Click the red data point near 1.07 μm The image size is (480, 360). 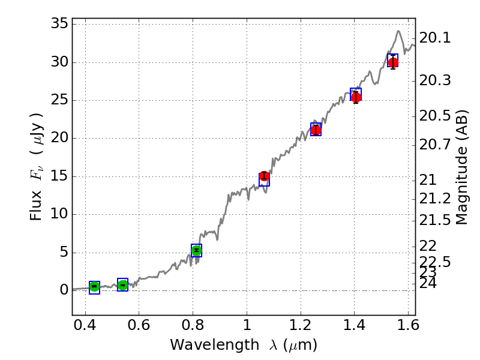(264, 176)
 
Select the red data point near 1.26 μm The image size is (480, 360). (316, 130)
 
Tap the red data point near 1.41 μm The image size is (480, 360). (356, 97)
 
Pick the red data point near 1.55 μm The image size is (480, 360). (393, 63)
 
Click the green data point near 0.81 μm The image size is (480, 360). (196, 250)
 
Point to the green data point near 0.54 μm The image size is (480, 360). (123, 285)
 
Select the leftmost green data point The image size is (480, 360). (94, 287)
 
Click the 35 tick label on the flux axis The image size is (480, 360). (59, 25)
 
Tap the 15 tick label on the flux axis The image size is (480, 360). (59, 176)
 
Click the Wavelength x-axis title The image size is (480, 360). (243, 345)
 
